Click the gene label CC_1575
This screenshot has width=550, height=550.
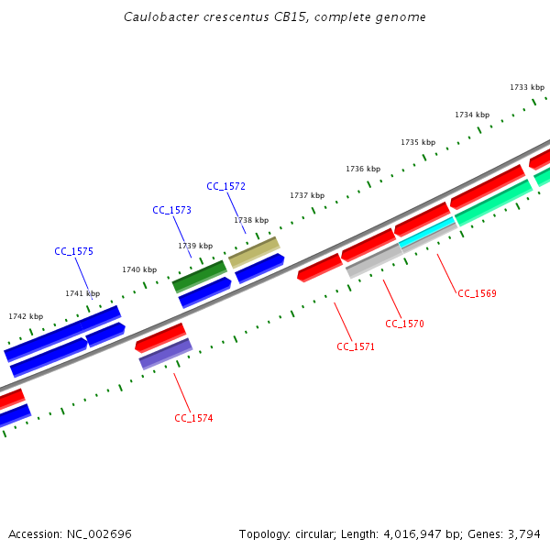tap(73, 251)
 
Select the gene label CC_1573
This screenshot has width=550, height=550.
tap(171, 210)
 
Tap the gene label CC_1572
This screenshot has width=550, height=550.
tap(225, 186)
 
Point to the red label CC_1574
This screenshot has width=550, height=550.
tap(193, 418)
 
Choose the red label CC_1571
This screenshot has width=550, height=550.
tap(356, 346)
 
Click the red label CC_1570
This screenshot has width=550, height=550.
tap(404, 324)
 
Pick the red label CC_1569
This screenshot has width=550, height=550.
tap(477, 293)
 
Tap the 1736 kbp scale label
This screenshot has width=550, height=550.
tap(363, 169)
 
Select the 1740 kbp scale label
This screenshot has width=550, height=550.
tap(139, 269)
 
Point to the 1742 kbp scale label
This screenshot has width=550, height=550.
tap(26, 316)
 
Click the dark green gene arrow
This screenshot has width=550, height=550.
tap(199, 276)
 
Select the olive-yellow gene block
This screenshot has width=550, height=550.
tap(254, 252)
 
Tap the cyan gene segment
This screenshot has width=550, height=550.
tap(427, 233)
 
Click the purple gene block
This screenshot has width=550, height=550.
tap(166, 354)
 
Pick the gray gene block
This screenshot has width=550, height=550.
tap(373, 260)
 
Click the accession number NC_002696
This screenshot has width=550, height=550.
tap(102, 533)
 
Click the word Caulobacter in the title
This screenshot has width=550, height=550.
tap(159, 17)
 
